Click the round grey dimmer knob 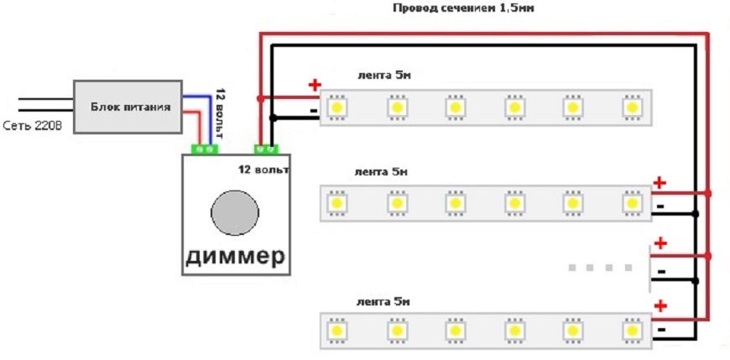(x=233, y=211)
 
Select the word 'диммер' (x=234, y=255)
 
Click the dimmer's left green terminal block (x=205, y=149)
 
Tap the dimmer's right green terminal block (x=268, y=149)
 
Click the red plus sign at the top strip (x=315, y=85)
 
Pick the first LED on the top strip (x=338, y=108)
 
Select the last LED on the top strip (x=631, y=108)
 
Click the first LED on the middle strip (x=338, y=203)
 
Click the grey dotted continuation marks (x=601, y=268)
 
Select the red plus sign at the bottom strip (x=660, y=306)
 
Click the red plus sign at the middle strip (x=660, y=182)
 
